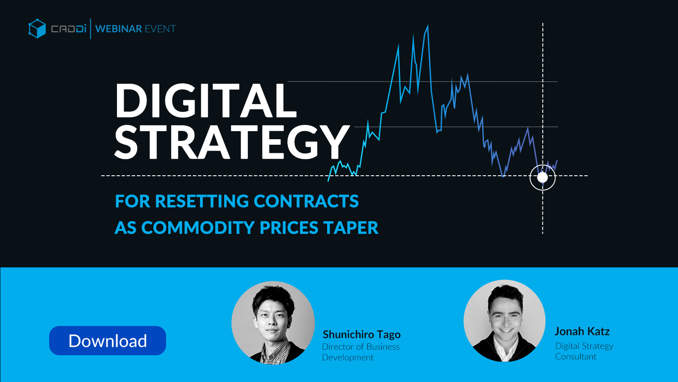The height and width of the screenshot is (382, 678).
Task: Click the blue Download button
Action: pos(108,340)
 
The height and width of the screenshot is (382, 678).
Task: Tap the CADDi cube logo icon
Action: pos(37,28)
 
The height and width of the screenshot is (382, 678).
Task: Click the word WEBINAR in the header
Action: pos(119,29)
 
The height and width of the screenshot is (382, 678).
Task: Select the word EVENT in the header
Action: pos(161,29)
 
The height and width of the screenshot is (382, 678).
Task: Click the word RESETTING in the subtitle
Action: pos(202,201)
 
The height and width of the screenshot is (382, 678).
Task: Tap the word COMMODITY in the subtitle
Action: pos(198,228)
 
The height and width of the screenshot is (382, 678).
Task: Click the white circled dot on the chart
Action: pos(542,177)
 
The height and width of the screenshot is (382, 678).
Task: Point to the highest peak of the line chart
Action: pos(428,25)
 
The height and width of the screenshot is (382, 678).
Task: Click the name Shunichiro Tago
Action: pos(362,334)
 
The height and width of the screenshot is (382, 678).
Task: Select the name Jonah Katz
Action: pos(582,331)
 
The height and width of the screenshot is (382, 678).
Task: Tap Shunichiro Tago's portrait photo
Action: pos(273,323)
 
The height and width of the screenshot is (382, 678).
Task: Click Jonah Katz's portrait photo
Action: pos(505,321)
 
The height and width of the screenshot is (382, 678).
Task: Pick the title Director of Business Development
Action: pos(361,352)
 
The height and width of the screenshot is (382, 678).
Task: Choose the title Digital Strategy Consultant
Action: pos(584,351)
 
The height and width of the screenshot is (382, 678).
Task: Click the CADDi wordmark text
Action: pos(69,29)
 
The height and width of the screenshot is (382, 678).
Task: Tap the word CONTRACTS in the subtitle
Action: pos(306,201)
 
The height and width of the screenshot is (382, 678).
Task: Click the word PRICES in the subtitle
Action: pos(289,228)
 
